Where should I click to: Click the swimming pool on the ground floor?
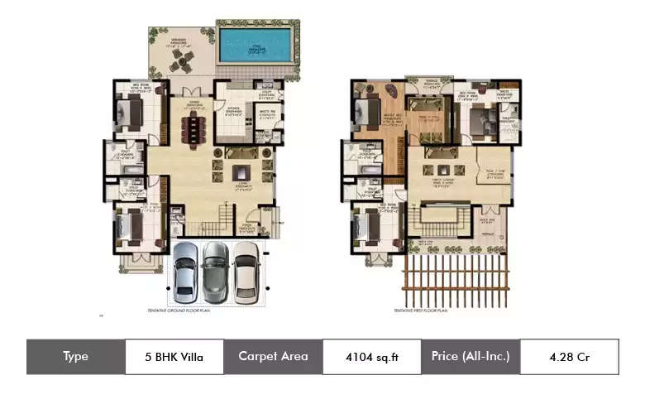[x=256, y=41]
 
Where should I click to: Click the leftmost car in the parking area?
[x=185, y=270]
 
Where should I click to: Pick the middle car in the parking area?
[x=215, y=270]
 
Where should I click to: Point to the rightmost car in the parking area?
[x=246, y=270]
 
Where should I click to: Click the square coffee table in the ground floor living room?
[x=241, y=171]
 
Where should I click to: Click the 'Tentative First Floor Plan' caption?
[x=421, y=310]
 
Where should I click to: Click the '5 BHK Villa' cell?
[x=174, y=357]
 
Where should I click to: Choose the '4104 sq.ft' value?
[x=371, y=357]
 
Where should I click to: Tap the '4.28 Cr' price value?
[x=569, y=357]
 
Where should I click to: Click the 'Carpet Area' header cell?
[x=273, y=357]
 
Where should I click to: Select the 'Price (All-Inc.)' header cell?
[x=471, y=357]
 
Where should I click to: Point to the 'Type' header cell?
[x=76, y=357]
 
